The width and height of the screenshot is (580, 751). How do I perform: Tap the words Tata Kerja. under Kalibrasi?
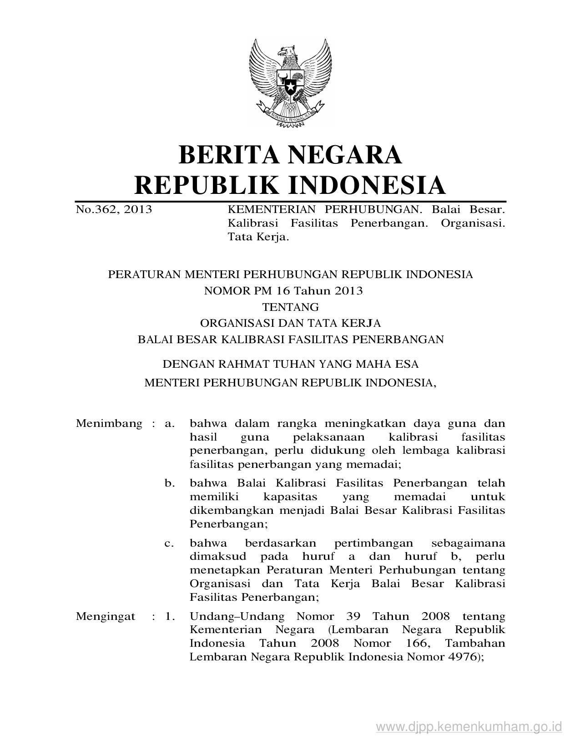(x=258, y=237)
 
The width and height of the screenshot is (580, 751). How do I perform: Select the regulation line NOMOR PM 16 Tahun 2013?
(x=283, y=291)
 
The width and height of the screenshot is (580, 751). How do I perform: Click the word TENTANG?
(x=290, y=307)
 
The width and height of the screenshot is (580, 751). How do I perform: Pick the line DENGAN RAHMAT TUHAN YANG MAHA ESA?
(x=290, y=364)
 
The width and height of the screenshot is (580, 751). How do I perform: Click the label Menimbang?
(x=109, y=424)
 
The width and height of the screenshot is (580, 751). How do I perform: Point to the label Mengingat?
(x=106, y=617)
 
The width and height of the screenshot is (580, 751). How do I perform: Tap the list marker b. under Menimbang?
(x=170, y=483)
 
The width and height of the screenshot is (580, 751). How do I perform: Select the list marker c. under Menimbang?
(x=170, y=543)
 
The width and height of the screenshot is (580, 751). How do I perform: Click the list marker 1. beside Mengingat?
(x=170, y=617)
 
